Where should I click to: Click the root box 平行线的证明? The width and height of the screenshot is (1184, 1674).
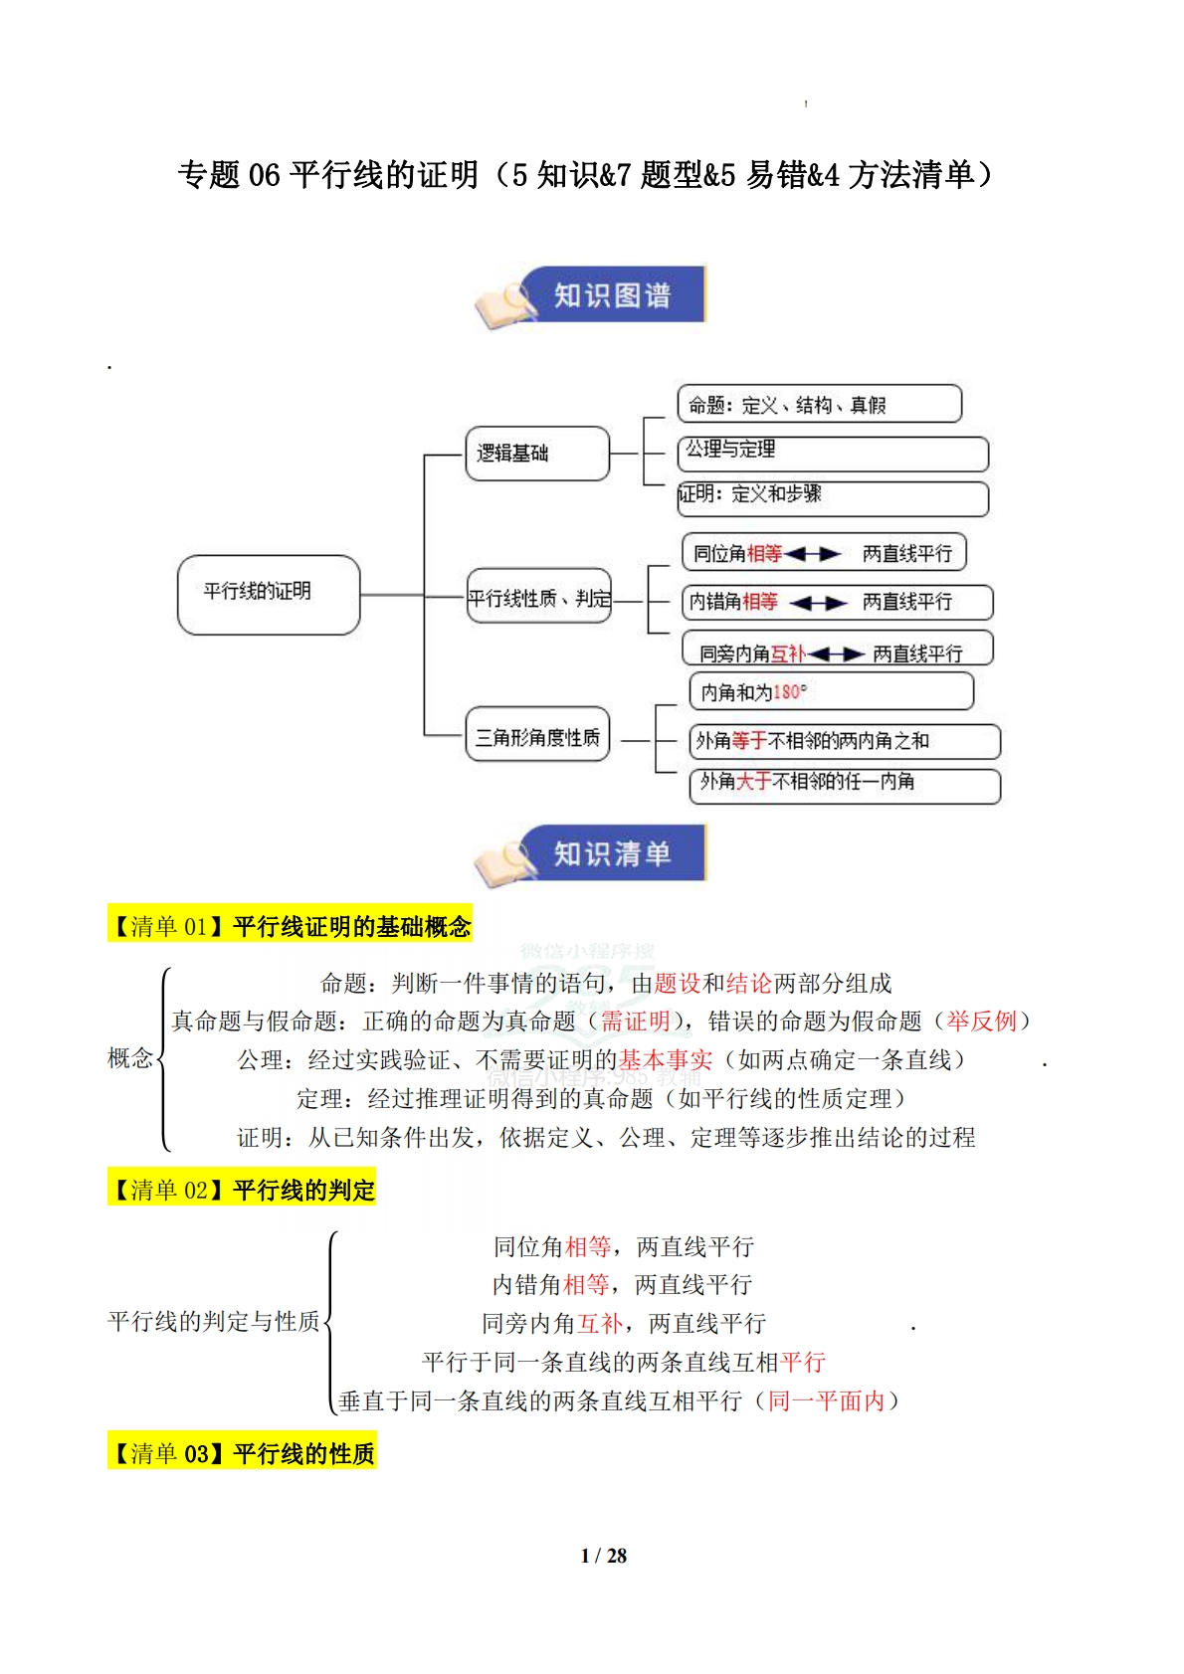pyautogui.click(x=268, y=594)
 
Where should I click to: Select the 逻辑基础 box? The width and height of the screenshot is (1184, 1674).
pyautogui.click(x=536, y=454)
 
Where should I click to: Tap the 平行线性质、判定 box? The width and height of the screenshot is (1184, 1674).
pyautogui.click(x=538, y=597)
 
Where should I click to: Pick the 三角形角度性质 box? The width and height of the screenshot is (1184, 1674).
pyautogui.click(x=536, y=736)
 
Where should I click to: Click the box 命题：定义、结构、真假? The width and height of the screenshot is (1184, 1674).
pyautogui.click(x=818, y=405)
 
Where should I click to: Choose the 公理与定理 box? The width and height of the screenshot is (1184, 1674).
pyautogui.click(x=832, y=452)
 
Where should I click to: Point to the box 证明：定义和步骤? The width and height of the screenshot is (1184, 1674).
pyautogui.click(x=832, y=496)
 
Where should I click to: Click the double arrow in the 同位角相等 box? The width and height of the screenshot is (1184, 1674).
pyautogui.click(x=813, y=554)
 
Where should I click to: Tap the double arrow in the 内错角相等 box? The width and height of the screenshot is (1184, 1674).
pyautogui.click(x=818, y=603)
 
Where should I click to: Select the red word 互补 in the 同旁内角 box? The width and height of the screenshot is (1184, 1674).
pyautogui.click(x=788, y=653)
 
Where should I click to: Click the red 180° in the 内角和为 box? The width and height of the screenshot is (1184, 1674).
pyautogui.click(x=789, y=692)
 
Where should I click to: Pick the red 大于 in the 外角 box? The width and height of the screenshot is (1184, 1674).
pyautogui.click(x=753, y=782)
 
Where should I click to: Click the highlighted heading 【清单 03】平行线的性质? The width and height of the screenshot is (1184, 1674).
pyautogui.click(x=242, y=1454)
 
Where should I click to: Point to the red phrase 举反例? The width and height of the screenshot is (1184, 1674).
pyautogui.click(x=981, y=1022)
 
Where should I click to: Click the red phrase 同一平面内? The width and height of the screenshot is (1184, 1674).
pyautogui.click(x=826, y=1401)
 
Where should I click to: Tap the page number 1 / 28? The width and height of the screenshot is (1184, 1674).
pyautogui.click(x=603, y=1556)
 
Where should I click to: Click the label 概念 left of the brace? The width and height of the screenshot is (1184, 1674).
pyautogui.click(x=130, y=1058)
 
